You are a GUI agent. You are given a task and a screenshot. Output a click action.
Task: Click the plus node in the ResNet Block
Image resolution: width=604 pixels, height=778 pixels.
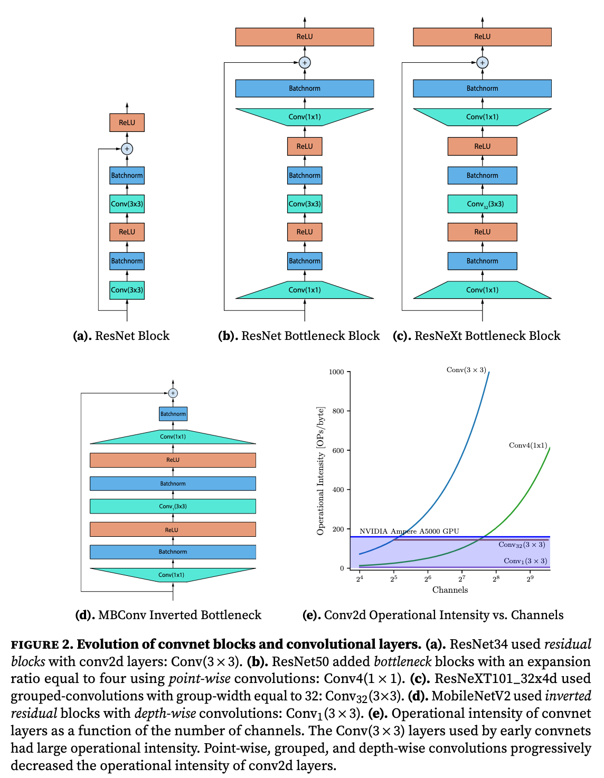tap(127, 149)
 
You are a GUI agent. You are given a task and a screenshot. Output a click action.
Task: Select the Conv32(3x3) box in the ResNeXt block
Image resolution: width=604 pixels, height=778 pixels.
tap(482, 204)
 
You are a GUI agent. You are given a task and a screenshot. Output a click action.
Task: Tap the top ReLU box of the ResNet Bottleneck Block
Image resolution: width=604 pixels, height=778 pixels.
tap(305, 37)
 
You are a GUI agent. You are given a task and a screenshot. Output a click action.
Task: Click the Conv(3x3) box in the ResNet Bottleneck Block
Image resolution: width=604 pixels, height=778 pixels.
tap(305, 204)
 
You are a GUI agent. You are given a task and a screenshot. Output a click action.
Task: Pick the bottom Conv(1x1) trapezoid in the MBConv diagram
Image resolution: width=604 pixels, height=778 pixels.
tap(173, 575)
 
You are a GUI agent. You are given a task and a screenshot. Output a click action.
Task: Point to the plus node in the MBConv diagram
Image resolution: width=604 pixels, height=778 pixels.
tap(173, 393)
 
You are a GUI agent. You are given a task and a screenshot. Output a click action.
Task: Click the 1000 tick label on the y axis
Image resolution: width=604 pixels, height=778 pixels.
tap(336, 372)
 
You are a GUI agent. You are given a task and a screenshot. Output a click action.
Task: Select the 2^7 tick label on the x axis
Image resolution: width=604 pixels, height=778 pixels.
tap(462, 579)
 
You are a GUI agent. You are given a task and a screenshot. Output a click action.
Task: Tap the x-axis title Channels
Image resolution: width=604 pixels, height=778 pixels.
tap(450, 590)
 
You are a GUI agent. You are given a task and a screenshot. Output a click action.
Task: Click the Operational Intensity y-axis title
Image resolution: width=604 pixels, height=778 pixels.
tap(320, 471)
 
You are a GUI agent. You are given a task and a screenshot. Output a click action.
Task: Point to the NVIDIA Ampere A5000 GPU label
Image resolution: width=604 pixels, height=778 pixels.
tap(409, 531)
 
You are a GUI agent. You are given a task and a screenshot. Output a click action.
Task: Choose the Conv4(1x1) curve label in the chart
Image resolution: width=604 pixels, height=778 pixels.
tap(528, 445)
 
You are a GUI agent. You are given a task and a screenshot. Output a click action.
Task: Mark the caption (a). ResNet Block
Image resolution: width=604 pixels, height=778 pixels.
tap(121, 336)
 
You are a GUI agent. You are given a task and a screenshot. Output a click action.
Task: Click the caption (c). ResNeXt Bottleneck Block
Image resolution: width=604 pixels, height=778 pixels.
tap(476, 336)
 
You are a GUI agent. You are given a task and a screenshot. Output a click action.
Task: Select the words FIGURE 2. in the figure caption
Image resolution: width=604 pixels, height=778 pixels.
tap(42, 644)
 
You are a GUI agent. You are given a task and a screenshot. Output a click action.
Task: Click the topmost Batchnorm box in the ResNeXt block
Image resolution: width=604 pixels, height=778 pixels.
tap(482, 88)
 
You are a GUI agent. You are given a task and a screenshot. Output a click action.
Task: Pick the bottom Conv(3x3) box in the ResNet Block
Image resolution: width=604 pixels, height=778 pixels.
tap(127, 290)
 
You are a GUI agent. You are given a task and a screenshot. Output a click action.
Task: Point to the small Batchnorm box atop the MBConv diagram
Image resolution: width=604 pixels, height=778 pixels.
tap(173, 414)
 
